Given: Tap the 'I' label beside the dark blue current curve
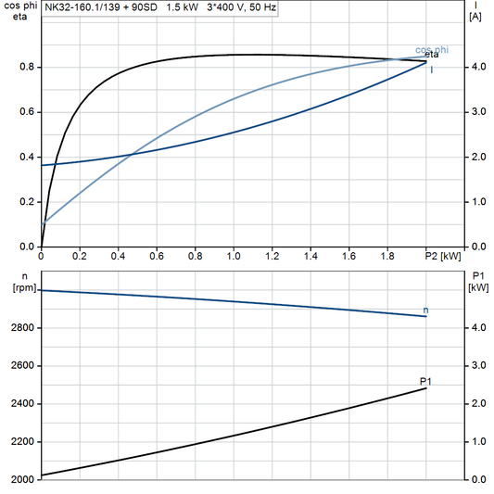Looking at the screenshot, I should pos(432,70).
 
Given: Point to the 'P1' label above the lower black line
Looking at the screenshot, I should pos(426,381).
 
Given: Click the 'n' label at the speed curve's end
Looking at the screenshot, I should pos(425,310).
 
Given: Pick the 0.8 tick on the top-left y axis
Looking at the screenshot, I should pos(28,67).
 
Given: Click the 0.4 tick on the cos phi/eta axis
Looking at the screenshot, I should pos(28,157).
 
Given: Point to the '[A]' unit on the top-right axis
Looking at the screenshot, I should pos(475,17).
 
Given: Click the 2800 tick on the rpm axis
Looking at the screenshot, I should pos(21,328).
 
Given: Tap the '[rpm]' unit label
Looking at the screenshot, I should pos(19,287).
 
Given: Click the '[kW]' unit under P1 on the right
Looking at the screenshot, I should pos(477,287).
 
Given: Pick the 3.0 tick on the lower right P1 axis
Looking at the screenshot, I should pos(478,366).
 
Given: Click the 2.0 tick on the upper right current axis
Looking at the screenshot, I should pos(478,157).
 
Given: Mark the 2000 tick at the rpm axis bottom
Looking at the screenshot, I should pos(21,479).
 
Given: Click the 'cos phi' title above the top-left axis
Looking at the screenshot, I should pos(17,6).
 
